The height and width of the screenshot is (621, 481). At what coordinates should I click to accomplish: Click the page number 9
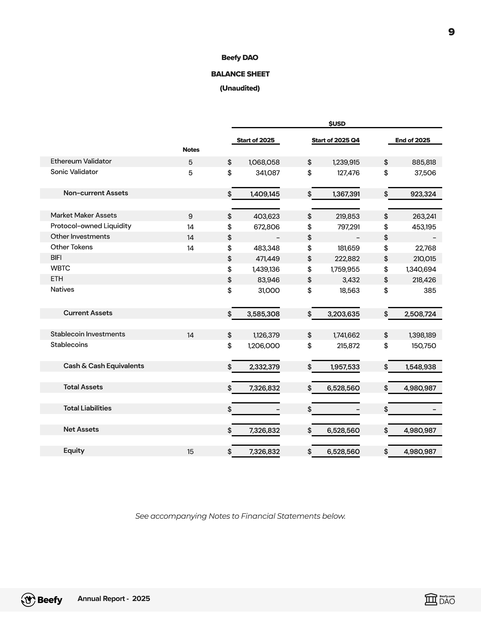(x=451, y=32)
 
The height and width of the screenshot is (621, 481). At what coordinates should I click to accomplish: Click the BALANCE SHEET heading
(x=240, y=74)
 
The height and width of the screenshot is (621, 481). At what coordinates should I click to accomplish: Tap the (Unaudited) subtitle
(x=240, y=88)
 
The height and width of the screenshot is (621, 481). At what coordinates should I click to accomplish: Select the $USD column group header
(x=337, y=123)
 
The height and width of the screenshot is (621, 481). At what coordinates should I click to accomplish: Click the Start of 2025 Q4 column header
(x=335, y=140)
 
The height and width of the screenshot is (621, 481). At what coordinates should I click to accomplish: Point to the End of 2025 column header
(x=412, y=140)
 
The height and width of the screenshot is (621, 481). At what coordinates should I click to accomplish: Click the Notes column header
(x=191, y=150)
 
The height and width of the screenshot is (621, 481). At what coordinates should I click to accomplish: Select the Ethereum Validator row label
(x=81, y=161)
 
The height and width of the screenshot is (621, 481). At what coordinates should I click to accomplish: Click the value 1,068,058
(x=264, y=162)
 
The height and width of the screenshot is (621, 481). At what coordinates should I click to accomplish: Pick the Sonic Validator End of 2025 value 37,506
(x=425, y=173)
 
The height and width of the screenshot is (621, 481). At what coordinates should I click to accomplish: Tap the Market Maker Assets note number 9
(x=191, y=216)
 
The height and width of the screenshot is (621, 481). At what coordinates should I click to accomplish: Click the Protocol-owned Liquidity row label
(x=91, y=226)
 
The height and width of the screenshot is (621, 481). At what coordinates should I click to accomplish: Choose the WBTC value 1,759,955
(x=345, y=269)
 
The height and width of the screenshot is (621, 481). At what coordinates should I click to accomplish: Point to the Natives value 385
(x=430, y=291)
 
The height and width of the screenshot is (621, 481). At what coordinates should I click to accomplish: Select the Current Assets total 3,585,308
(x=263, y=314)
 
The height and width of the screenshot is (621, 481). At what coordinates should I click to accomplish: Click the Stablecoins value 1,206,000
(x=264, y=346)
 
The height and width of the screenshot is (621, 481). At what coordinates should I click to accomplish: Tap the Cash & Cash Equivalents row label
(x=104, y=366)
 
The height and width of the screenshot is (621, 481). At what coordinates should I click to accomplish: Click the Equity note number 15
(x=191, y=452)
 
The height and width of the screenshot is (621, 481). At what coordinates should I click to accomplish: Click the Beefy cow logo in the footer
(x=28, y=600)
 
